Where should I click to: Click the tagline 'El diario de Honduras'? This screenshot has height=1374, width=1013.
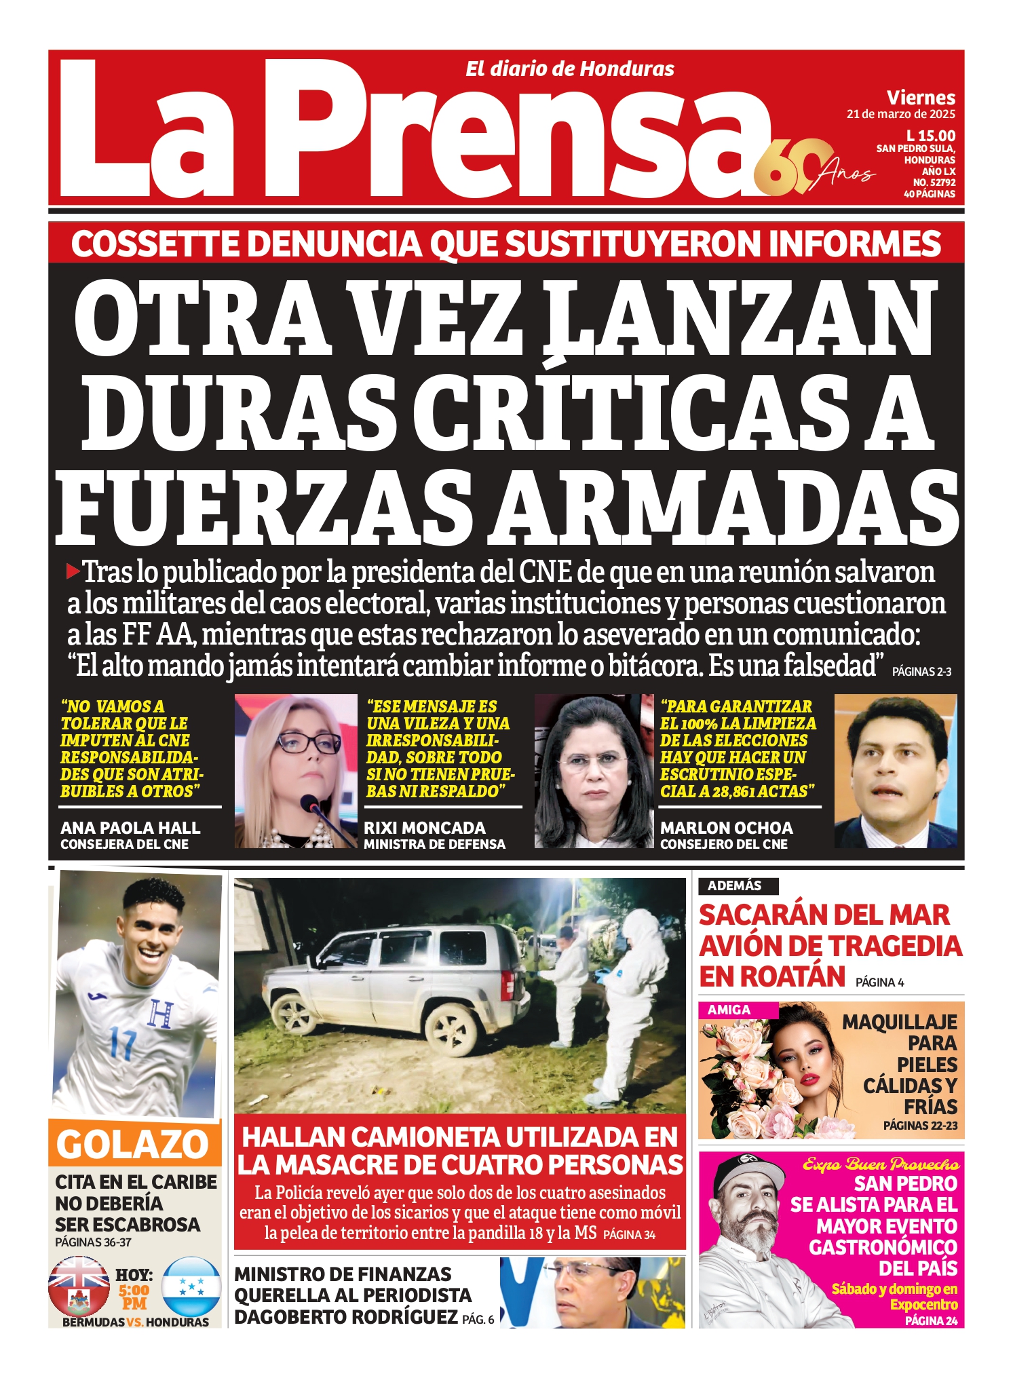(x=569, y=69)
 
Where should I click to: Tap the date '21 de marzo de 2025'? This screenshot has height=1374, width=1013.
(x=900, y=115)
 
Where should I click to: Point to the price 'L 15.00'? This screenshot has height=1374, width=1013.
(x=930, y=136)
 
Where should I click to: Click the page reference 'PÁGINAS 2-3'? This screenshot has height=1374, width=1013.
(x=921, y=672)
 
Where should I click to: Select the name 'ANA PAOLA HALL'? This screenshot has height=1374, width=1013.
(x=130, y=828)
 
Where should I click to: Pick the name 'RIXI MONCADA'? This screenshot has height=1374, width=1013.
(x=425, y=828)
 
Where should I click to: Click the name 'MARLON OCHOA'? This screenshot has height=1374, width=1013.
(x=726, y=828)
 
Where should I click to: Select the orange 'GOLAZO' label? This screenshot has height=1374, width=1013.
(x=133, y=1144)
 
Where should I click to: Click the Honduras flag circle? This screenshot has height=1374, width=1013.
(x=192, y=1286)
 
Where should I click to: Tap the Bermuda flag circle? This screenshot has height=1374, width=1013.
(x=79, y=1286)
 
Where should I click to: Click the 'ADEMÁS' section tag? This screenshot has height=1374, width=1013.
(x=735, y=885)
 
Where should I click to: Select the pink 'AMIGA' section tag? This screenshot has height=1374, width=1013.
(x=729, y=1010)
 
